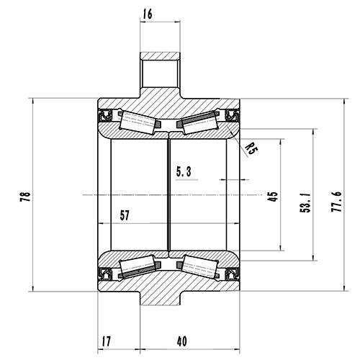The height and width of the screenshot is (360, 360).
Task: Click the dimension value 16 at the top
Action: [x=148, y=13]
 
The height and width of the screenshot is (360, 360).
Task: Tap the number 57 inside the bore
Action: [x=124, y=215]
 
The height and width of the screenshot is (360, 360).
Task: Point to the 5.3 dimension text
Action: [x=185, y=171]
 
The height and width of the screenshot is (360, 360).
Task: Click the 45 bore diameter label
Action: [x=272, y=197]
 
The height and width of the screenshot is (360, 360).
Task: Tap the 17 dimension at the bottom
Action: [x=106, y=341]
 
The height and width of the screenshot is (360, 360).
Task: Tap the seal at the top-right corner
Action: [x=232, y=116]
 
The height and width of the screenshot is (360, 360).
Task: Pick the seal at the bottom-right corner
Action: [x=232, y=273]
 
